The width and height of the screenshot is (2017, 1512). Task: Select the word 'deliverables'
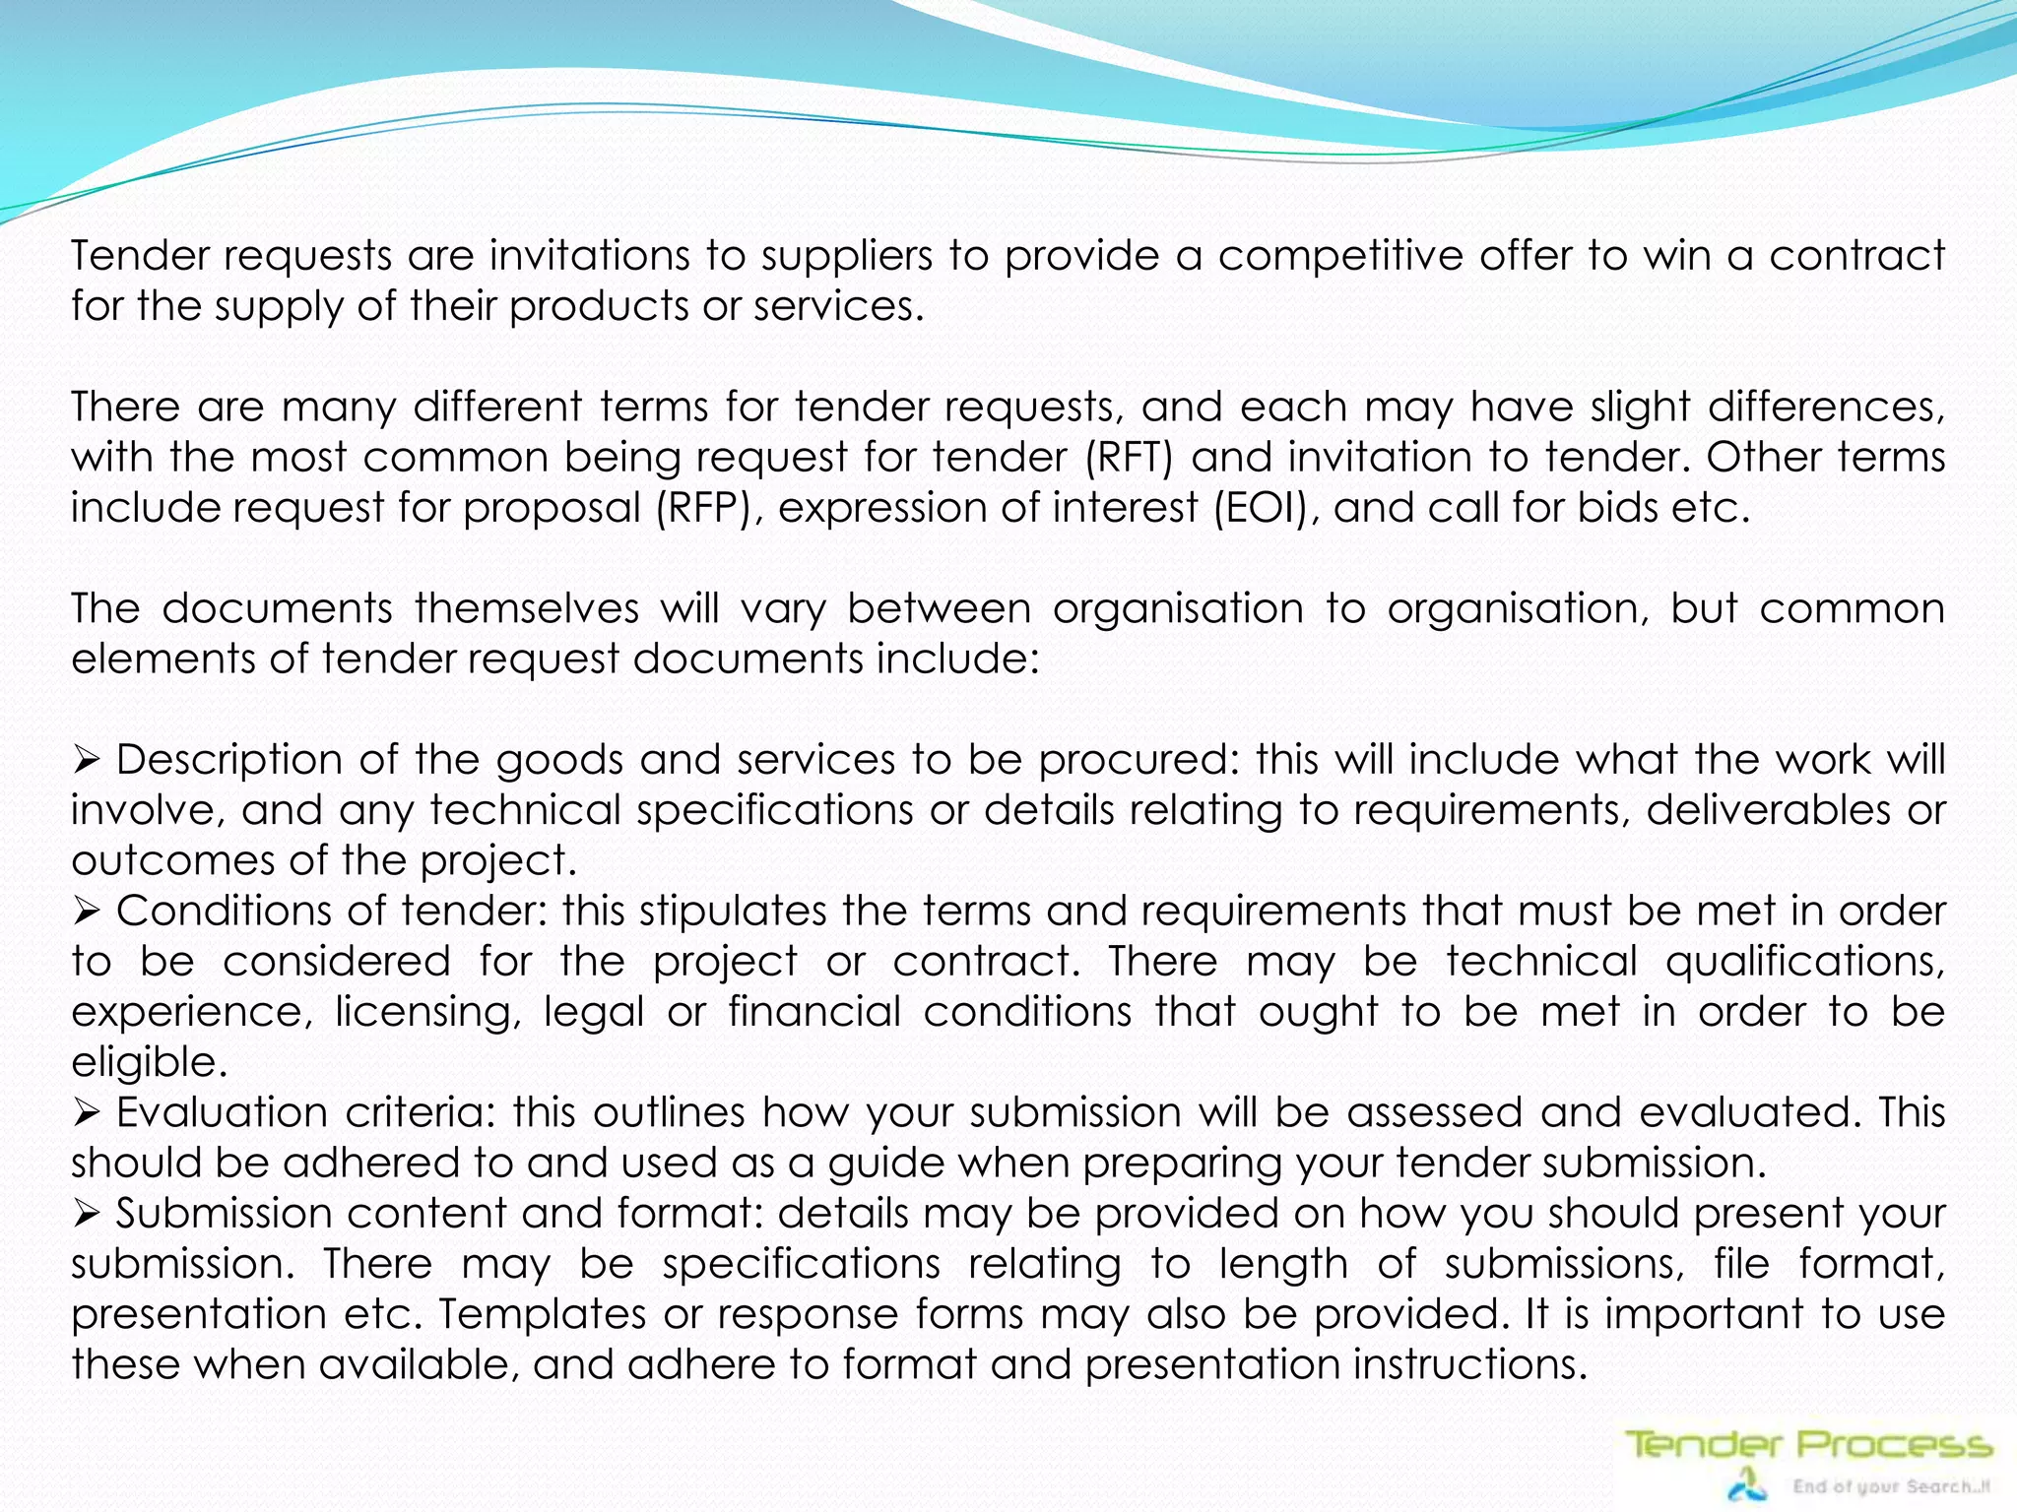click(1769, 810)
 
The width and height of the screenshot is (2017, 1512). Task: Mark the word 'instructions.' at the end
click(1469, 1364)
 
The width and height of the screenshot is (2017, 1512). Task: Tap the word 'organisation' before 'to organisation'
click(1178, 608)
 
